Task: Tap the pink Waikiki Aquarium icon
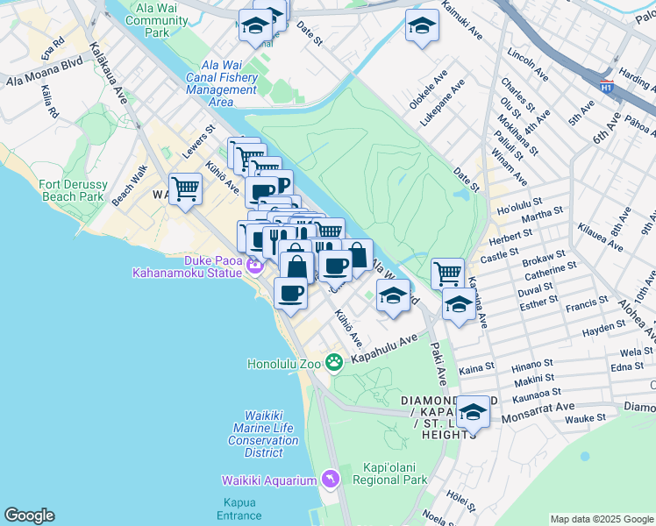(330, 479)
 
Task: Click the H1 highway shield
(606, 87)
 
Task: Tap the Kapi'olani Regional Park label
(389, 473)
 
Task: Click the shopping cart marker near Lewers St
(186, 188)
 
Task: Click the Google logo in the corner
(29, 515)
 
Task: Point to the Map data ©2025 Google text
(602, 519)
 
